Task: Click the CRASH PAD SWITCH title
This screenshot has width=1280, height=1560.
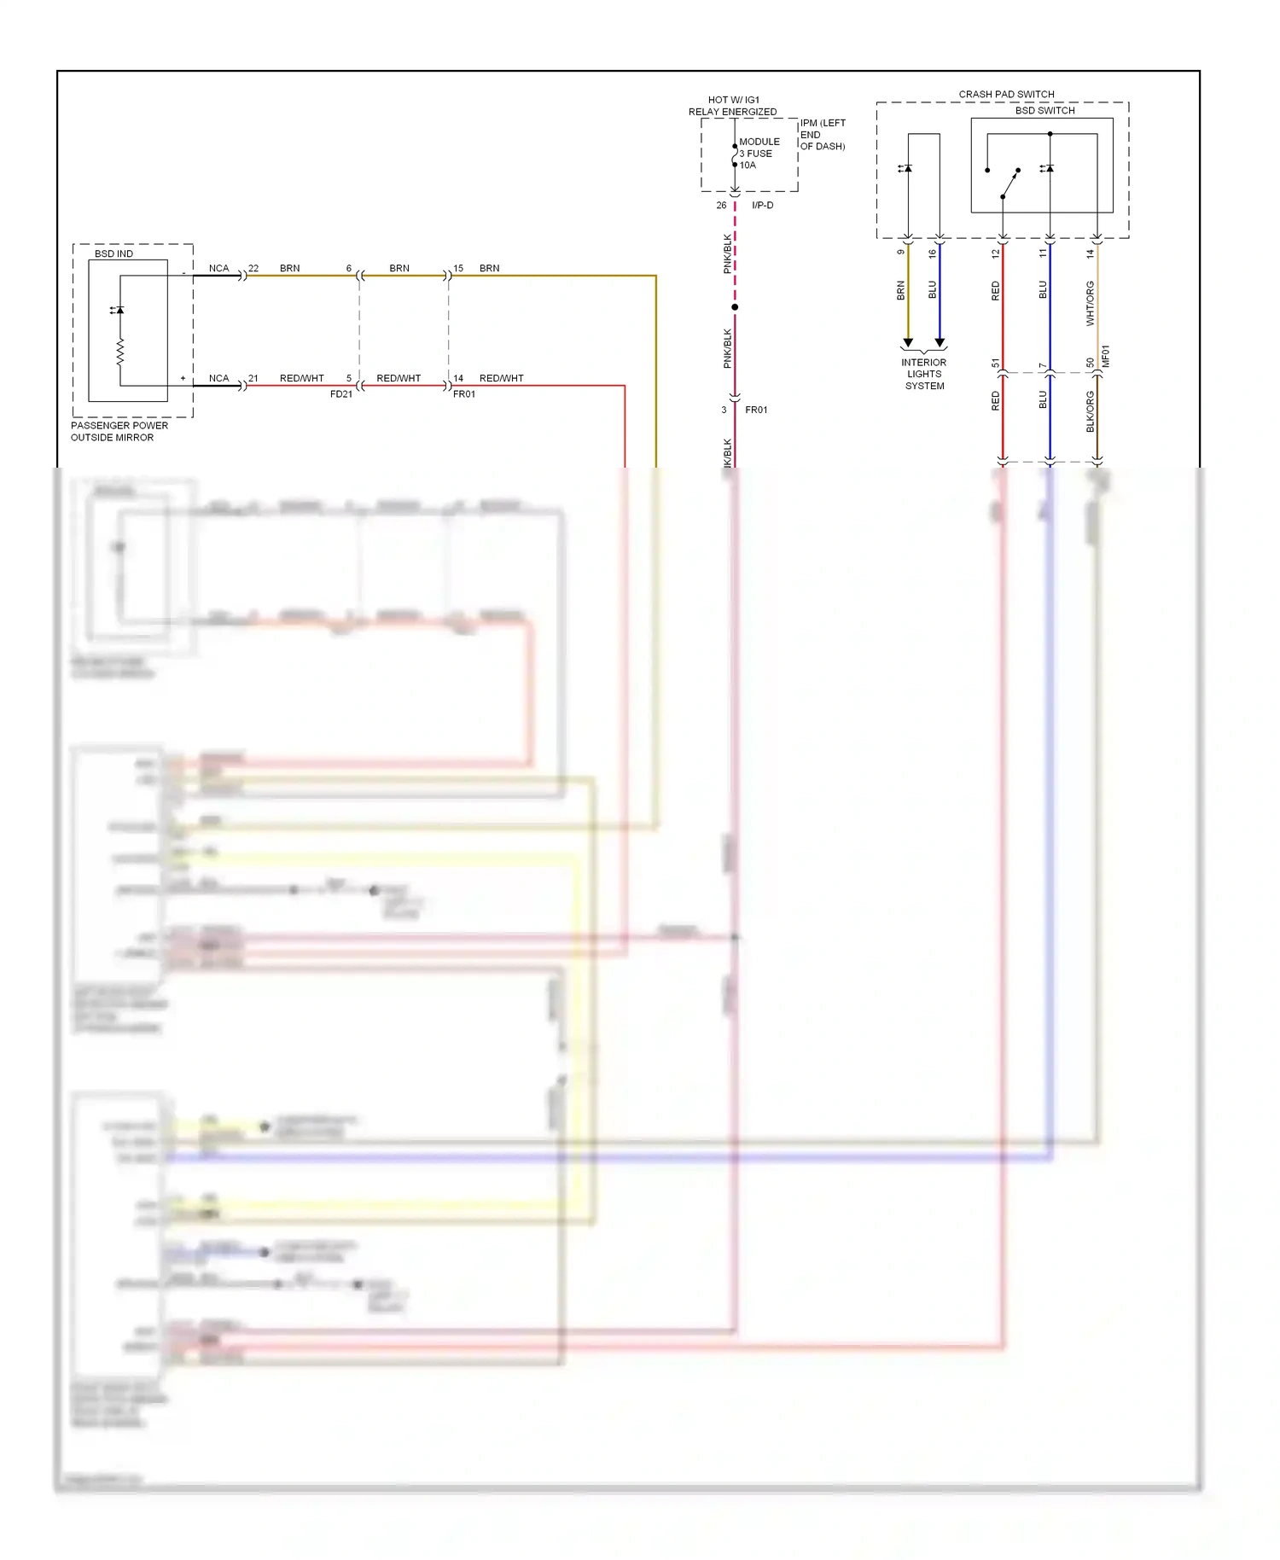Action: pos(1006,94)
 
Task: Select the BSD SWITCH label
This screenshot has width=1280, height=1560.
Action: pos(1044,110)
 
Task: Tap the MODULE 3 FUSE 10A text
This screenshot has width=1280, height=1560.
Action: pos(758,154)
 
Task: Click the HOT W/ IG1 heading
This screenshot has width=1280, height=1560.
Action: pos(733,100)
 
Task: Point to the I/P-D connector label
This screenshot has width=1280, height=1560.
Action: pos(762,205)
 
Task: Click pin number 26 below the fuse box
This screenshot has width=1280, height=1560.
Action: pos(721,205)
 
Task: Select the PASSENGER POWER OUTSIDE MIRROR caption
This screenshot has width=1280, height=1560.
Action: pos(119,431)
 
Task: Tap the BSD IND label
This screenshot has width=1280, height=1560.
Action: pos(113,253)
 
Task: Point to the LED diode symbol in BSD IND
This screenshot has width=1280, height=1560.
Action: pos(119,310)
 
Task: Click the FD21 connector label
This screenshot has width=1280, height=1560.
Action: pos(340,393)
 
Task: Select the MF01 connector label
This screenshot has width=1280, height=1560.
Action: pos(1105,356)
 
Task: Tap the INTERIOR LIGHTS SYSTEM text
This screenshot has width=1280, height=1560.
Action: pos(924,374)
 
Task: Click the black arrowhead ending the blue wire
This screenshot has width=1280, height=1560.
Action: pos(940,343)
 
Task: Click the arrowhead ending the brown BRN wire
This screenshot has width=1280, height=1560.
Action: pos(908,343)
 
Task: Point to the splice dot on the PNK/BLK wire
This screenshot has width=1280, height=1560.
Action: pos(735,306)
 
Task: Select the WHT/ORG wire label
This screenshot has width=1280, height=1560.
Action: pos(1090,303)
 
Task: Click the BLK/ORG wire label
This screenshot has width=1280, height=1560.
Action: pos(1090,411)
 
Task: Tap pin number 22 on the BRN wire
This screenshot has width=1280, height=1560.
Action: pos(253,268)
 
